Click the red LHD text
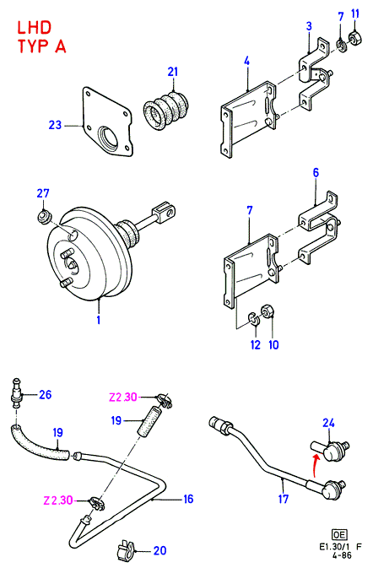tap(35, 28)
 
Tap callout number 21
tap(173, 72)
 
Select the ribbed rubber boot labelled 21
tap(165, 110)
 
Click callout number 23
tap(56, 125)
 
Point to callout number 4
tap(246, 61)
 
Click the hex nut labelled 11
tap(355, 38)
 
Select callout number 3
tap(309, 26)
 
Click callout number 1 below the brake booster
tap(98, 320)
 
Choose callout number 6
tap(316, 172)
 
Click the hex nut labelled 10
tap(269, 311)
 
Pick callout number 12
tap(256, 344)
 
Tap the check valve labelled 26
tap(16, 393)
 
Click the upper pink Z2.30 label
tap(123, 398)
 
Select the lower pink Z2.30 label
tap(58, 500)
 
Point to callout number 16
tap(188, 499)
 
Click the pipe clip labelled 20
tap(125, 551)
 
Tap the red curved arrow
tap(316, 467)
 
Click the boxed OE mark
tap(339, 535)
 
